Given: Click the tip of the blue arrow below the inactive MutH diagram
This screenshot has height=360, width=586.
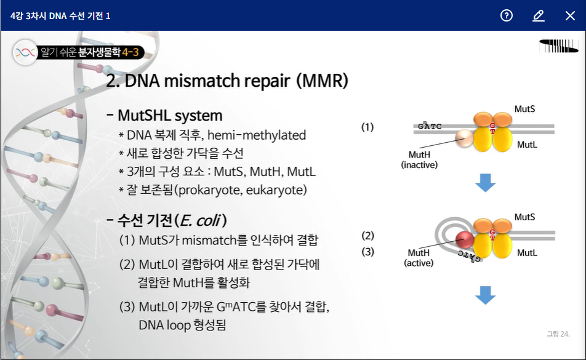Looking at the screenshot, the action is (x=486, y=191).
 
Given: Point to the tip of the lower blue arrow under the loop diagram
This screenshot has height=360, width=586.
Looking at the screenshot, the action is (x=486, y=304).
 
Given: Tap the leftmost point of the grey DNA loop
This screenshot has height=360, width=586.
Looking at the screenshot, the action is (x=435, y=235).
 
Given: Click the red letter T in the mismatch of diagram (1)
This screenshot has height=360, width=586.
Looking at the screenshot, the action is (x=492, y=132).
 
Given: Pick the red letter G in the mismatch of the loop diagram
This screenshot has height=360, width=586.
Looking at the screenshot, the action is (x=492, y=232).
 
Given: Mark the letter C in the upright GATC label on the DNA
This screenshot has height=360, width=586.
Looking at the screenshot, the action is (x=439, y=126).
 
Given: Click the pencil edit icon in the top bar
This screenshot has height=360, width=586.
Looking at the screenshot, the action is (x=538, y=15).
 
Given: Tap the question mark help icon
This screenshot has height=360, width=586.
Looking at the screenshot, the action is (x=507, y=15).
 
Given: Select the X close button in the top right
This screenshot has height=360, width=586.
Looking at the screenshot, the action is (x=570, y=15).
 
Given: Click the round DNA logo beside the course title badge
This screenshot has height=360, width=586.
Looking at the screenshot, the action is (x=25, y=52).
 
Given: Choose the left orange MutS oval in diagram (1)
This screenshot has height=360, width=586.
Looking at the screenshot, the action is (x=483, y=119).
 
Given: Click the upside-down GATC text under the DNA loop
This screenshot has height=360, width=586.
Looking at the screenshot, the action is (x=470, y=256).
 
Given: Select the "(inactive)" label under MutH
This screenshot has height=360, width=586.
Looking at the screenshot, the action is (x=419, y=165).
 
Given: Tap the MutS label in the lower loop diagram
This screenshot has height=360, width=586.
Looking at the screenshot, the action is (x=524, y=217).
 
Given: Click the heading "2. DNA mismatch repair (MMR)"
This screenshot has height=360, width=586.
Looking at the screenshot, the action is (x=227, y=80).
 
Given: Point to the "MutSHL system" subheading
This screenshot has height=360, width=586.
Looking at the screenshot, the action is (x=170, y=115).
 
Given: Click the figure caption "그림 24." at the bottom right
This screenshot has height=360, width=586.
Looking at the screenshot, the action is (x=558, y=334).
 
